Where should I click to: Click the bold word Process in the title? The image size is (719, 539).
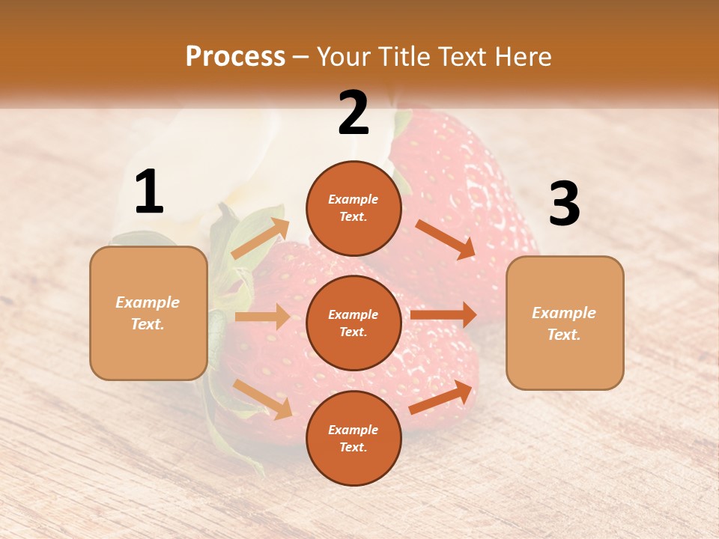pyautogui.click(x=235, y=57)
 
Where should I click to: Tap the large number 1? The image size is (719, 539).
pyautogui.click(x=149, y=192)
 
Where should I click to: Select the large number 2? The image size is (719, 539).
pyautogui.click(x=354, y=113)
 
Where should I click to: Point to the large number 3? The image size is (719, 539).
pyautogui.click(x=564, y=204)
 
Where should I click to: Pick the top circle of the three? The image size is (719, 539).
pyautogui.click(x=354, y=208)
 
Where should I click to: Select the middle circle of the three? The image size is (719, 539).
pyautogui.click(x=354, y=323)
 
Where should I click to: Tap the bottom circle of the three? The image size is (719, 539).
pyautogui.click(x=354, y=438)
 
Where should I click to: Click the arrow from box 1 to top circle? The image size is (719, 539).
pyautogui.click(x=261, y=238)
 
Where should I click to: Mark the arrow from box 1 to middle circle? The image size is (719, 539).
pyautogui.click(x=262, y=317)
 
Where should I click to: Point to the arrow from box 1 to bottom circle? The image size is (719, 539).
pyautogui.click(x=263, y=399)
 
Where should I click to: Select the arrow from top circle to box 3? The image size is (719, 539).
pyautogui.click(x=445, y=240)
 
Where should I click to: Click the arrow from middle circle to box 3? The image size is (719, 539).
pyautogui.click(x=443, y=314)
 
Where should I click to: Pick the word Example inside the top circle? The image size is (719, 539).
pyautogui.click(x=354, y=200)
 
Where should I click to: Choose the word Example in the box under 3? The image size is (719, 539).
pyautogui.click(x=564, y=313)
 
